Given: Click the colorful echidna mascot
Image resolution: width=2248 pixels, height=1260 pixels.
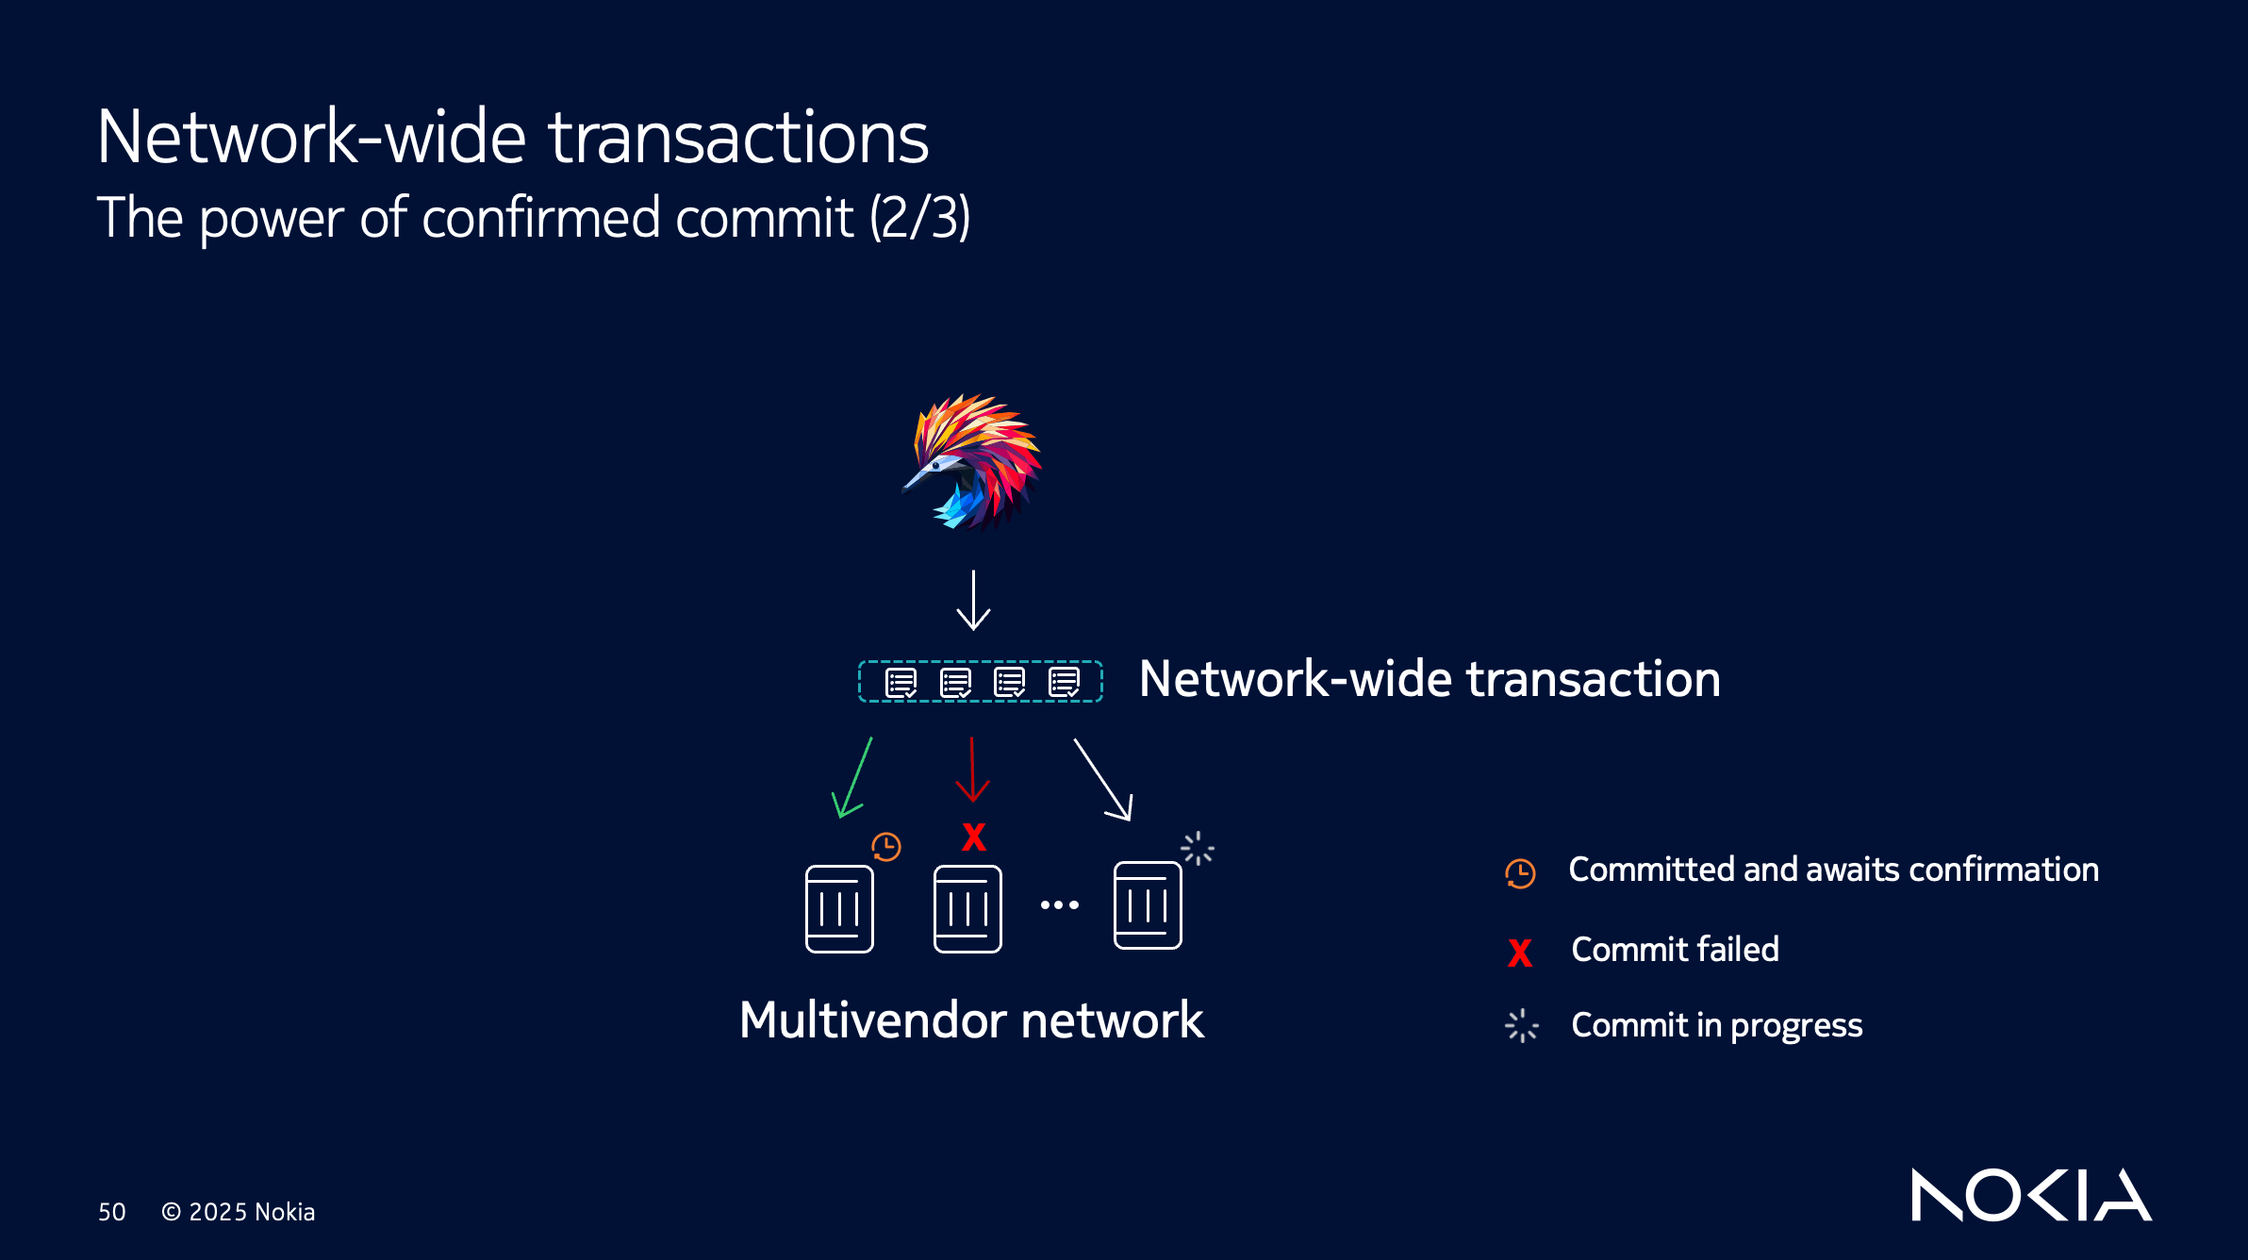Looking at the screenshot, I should [x=974, y=462].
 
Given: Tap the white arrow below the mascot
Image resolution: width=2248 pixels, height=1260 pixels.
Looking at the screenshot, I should [x=973, y=601].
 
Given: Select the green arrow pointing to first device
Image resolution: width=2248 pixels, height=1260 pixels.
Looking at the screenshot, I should [x=851, y=779].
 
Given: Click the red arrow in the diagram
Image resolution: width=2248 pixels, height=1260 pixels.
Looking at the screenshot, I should [x=972, y=770].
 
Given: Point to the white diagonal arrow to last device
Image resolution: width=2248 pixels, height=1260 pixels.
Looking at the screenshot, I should [x=1102, y=780].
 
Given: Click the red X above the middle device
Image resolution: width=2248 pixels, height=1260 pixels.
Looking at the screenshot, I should [x=974, y=837].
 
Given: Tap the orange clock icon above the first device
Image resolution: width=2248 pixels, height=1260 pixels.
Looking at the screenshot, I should [x=886, y=846].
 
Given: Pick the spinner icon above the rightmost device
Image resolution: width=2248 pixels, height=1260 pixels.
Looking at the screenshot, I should [x=1198, y=849].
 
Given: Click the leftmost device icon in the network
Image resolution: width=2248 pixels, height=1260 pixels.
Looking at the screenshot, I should [x=839, y=908].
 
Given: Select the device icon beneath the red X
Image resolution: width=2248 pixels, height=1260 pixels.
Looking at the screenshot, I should [x=967, y=908].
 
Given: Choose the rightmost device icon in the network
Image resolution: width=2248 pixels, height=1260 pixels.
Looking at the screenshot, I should [x=1148, y=905].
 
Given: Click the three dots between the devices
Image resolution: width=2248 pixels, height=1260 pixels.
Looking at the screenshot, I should [x=1060, y=905].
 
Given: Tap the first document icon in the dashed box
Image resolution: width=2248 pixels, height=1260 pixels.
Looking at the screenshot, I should [x=901, y=682].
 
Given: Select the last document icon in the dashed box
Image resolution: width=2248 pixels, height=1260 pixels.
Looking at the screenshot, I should [x=1065, y=682].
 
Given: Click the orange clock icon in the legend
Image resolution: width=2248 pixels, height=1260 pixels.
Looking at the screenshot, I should [x=1520, y=873].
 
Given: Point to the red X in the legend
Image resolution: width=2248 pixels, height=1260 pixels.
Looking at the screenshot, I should [x=1520, y=953].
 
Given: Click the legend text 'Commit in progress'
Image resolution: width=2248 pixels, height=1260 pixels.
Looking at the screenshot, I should [x=1716, y=1025].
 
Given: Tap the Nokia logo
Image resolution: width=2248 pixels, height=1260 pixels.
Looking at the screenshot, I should [x=2030, y=1195].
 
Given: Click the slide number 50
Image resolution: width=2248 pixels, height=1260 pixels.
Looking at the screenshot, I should [x=112, y=1212].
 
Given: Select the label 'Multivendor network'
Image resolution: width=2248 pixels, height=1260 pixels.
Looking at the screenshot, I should [x=971, y=1020].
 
